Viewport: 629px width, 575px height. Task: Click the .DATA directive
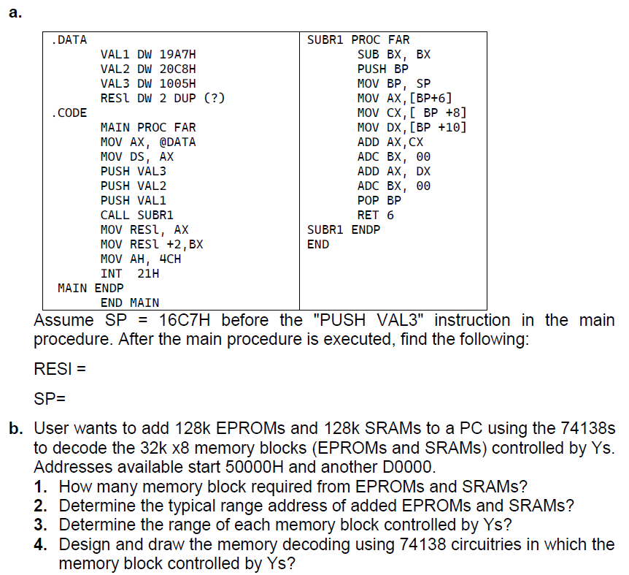click(x=70, y=39)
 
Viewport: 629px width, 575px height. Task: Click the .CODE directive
click(x=70, y=113)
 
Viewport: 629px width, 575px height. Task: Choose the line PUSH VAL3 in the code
click(x=134, y=171)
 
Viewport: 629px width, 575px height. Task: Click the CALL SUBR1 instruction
click(x=137, y=215)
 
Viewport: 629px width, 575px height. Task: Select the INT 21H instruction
click(x=130, y=273)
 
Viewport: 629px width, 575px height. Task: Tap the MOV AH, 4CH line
click(x=141, y=259)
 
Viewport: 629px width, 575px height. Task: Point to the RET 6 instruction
click(x=376, y=215)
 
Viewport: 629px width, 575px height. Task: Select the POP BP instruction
click(x=379, y=200)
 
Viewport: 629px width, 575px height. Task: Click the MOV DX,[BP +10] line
click(x=412, y=127)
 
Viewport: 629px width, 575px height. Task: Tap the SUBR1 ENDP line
click(x=344, y=229)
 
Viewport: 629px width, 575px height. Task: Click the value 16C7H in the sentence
click(x=185, y=321)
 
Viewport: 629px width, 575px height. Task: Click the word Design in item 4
click(x=81, y=544)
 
